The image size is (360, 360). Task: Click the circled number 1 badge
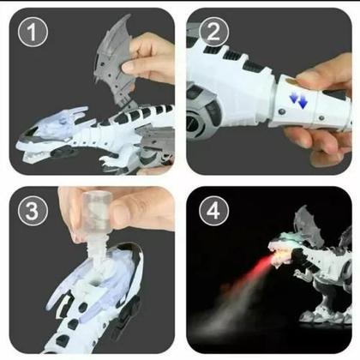(x=33, y=32)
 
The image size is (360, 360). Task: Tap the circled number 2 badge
(x=213, y=32)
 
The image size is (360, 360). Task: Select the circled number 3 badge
(x=33, y=211)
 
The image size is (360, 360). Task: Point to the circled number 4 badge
(x=213, y=211)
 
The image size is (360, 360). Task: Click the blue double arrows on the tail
(x=298, y=100)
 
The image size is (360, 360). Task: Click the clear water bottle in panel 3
(x=97, y=212)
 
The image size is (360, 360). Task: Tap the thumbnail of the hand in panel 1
(x=129, y=68)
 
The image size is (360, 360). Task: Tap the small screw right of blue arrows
(x=321, y=117)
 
